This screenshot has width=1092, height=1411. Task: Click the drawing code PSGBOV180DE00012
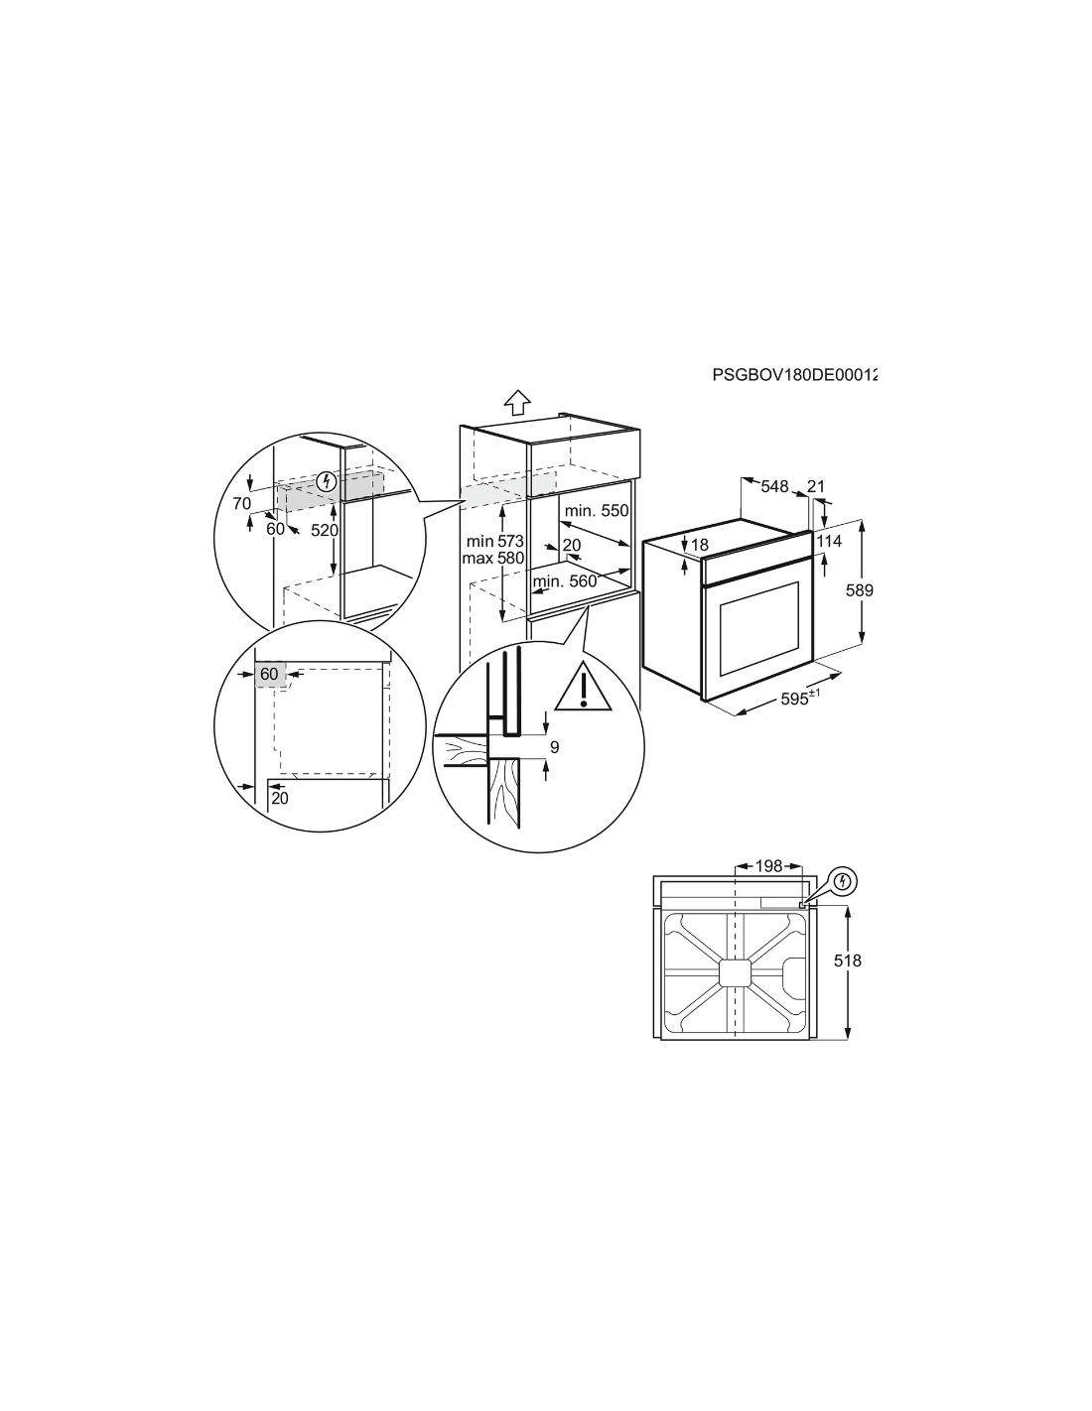794,375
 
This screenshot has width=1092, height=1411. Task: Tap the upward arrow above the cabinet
517,402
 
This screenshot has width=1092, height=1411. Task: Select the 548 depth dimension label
774,486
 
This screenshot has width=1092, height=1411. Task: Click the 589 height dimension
859,590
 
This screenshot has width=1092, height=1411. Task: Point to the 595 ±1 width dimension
800,698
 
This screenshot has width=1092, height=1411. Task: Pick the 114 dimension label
828,541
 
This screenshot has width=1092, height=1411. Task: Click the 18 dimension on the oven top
700,545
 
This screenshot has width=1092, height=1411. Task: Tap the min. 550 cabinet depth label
597,510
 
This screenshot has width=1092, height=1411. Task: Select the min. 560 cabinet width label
565,581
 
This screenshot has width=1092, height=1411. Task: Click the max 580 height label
493,557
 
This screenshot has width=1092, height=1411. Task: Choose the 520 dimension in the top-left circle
325,531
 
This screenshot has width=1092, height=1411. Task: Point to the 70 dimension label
241,503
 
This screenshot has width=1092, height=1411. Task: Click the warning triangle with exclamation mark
584,686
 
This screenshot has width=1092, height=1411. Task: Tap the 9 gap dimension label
554,747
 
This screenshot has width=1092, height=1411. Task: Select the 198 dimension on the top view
768,866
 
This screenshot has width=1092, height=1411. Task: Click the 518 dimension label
848,961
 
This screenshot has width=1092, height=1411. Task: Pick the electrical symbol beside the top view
843,881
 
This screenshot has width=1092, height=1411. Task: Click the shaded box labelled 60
269,674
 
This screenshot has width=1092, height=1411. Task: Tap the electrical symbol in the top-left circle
327,482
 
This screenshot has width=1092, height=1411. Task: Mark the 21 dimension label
816,486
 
